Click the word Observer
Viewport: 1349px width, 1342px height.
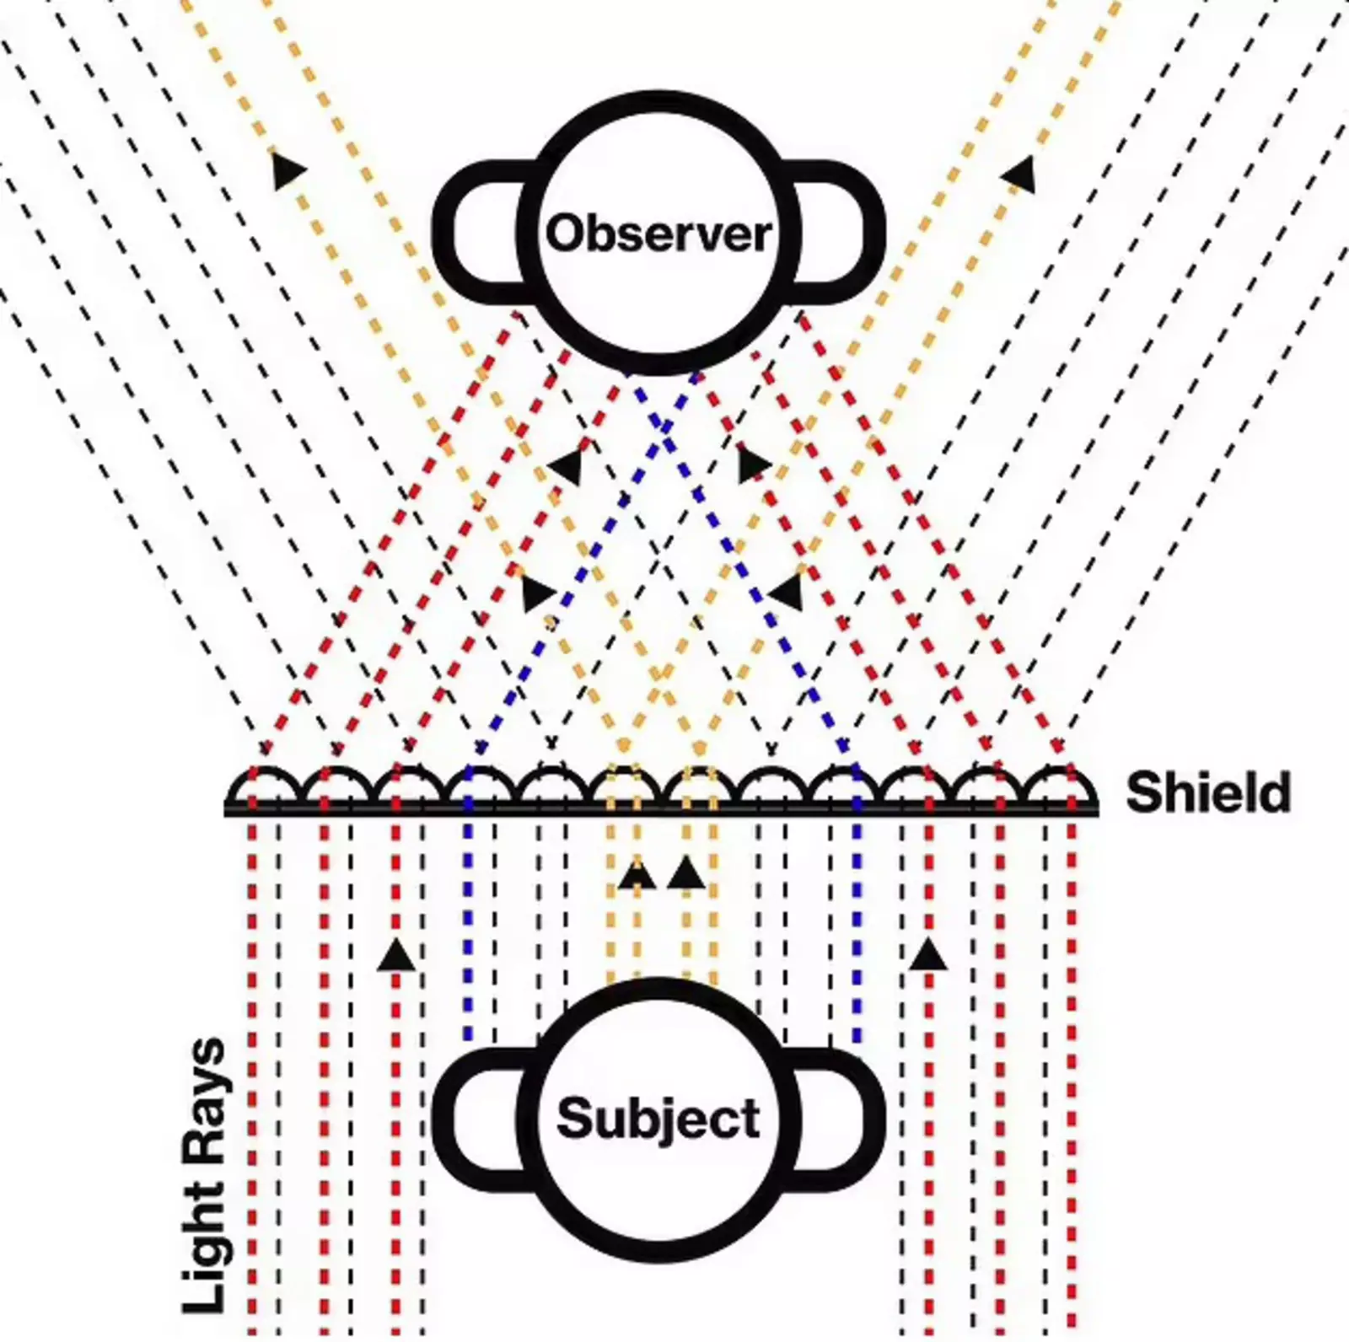(x=658, y=234)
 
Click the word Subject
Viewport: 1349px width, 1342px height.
(x=658, y=1119)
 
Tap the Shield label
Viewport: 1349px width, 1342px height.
(x=1207, y=792)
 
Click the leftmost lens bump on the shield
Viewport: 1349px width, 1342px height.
(x=263, y=786)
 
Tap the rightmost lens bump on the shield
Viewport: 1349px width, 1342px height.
(x=1061, y=786)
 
